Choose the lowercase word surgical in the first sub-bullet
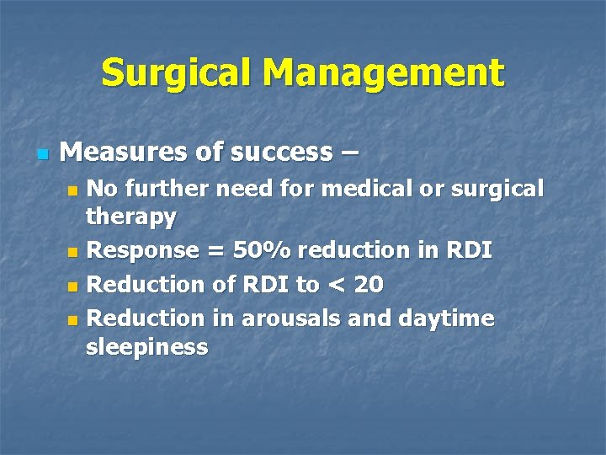500,189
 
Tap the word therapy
131,218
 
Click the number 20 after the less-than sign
368,286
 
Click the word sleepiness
146,347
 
